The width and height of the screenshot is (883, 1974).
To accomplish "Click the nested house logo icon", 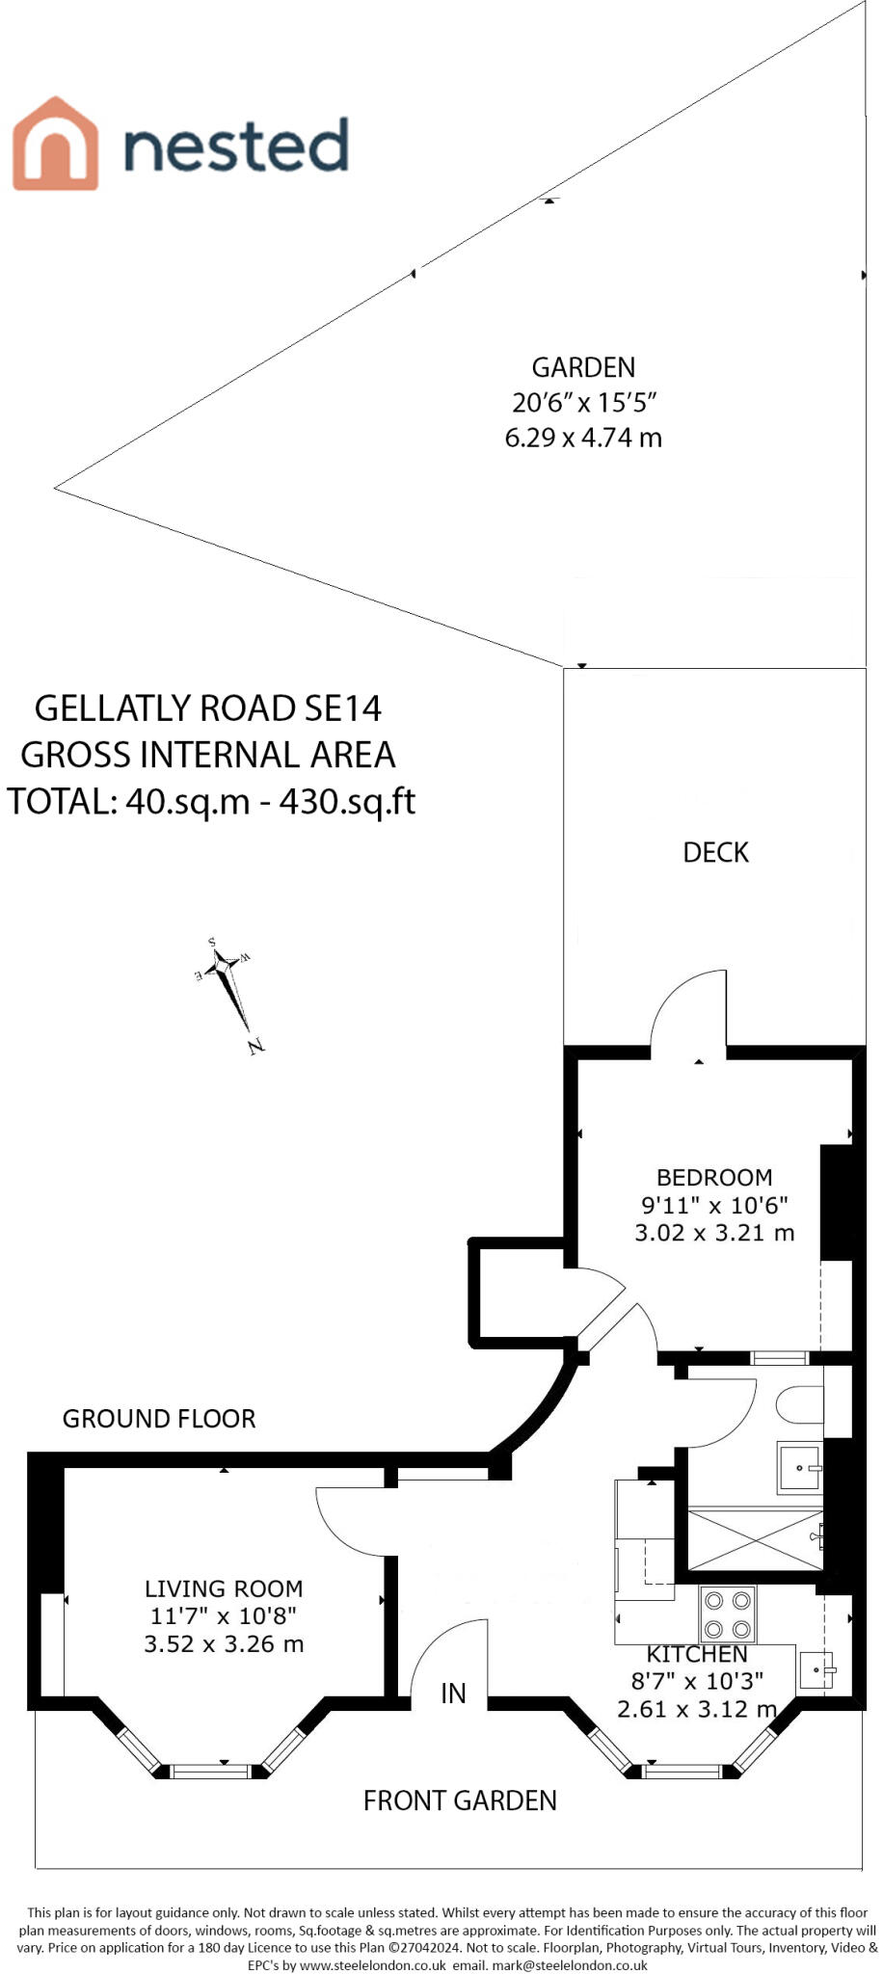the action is pos(55,144).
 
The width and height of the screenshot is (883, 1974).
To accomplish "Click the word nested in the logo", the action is pos(236,147).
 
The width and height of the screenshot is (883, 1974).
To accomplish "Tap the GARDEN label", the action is pos(583,367).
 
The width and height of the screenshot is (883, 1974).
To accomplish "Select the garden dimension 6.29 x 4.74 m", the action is pos(583,438).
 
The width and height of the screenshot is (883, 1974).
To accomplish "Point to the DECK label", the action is pos(715,852).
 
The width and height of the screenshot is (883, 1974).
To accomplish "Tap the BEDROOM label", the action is pos(714,1177).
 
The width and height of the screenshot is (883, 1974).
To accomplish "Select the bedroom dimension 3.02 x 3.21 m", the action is pos(714,1232).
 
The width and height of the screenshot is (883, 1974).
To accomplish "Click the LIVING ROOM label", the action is pos(224,1588).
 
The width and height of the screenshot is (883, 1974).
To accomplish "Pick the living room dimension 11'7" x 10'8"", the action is pos(224,1615).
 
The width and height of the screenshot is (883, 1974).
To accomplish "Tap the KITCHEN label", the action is pos(697,1654).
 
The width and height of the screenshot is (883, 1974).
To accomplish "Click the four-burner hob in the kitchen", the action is pos(728,1614).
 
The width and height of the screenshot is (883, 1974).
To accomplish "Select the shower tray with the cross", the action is pos(755,1539).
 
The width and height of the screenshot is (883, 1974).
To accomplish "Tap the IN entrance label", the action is pos(453,1694).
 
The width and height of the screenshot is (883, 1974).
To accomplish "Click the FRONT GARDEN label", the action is pos(460,1801).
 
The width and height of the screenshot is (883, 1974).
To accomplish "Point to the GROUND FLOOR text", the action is pos(159,1419).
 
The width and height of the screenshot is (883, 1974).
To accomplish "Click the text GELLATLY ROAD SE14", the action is pos(208,708).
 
